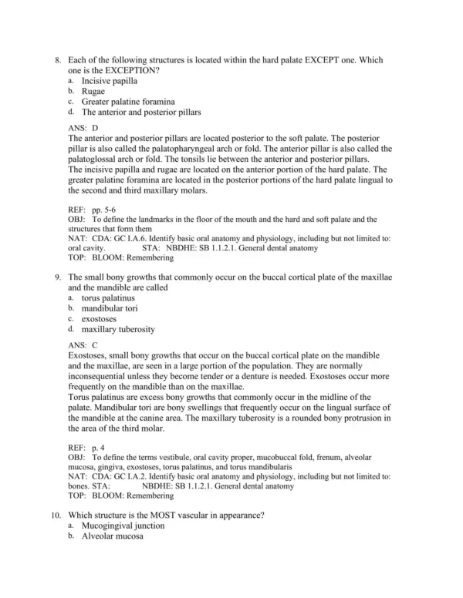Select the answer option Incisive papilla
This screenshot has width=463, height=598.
pos(106,80)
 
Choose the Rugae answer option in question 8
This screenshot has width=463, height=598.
pos(94,91)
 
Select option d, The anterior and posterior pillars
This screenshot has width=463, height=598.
pos(141,112)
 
